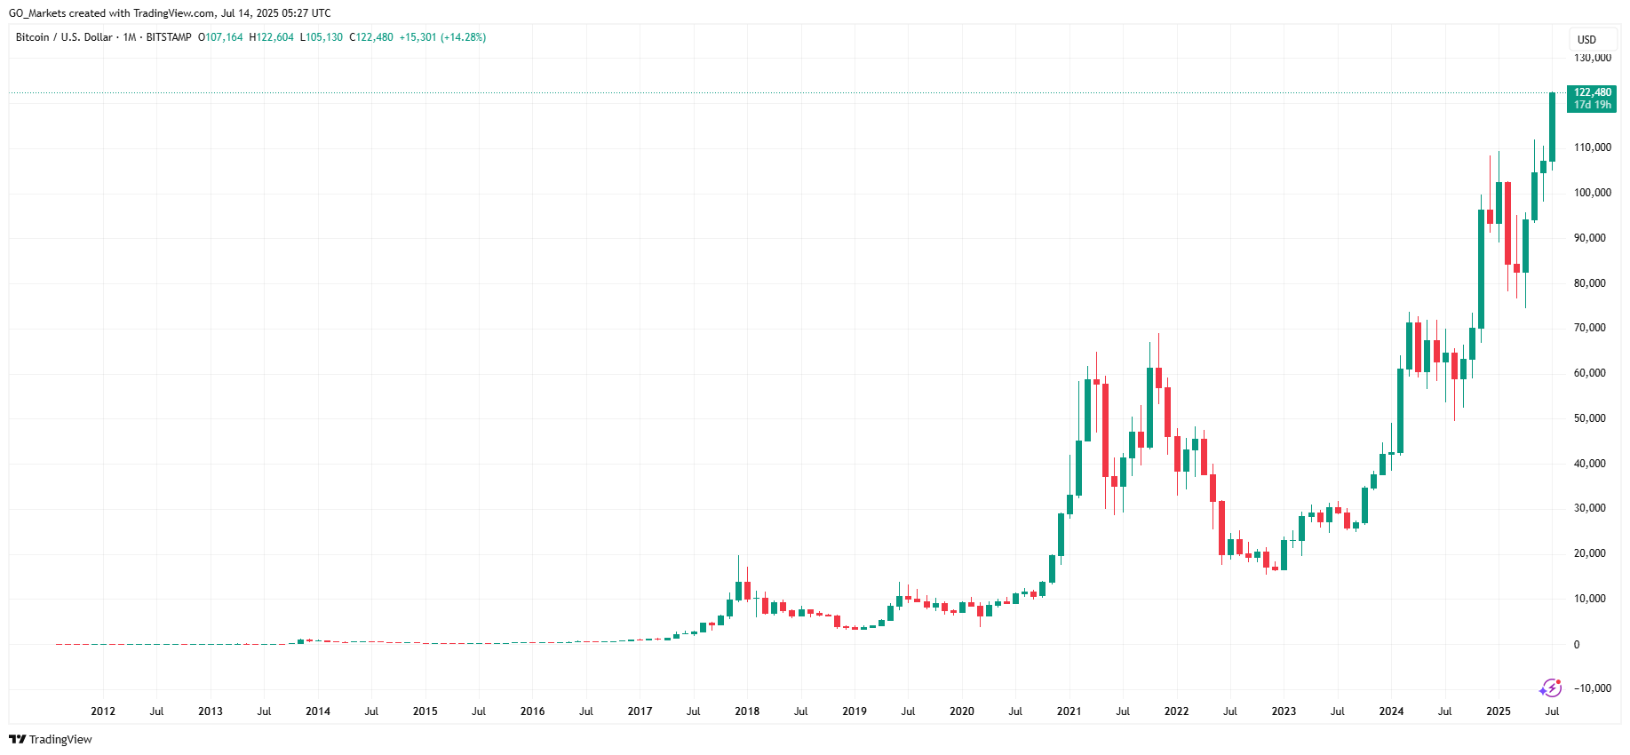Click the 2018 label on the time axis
[747, 711]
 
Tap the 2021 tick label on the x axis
[1069, 711]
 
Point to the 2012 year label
[103, 711]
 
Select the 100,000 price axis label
[1592, 193]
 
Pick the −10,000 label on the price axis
[1592, 688]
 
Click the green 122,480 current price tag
[1592, 98]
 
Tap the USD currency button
[1586, 40]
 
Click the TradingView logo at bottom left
[51, 739]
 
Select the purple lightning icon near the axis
[1550, 687]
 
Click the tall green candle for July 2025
[1552, 127]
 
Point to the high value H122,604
[272, 37]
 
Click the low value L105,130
[322, 37]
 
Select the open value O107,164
[220, 37]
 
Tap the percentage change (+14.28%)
[464, 37]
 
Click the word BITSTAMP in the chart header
[169, 37]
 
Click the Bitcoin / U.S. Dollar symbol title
[64, 37]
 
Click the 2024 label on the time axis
[1391, 711]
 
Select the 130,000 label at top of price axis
[1592, 59]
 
